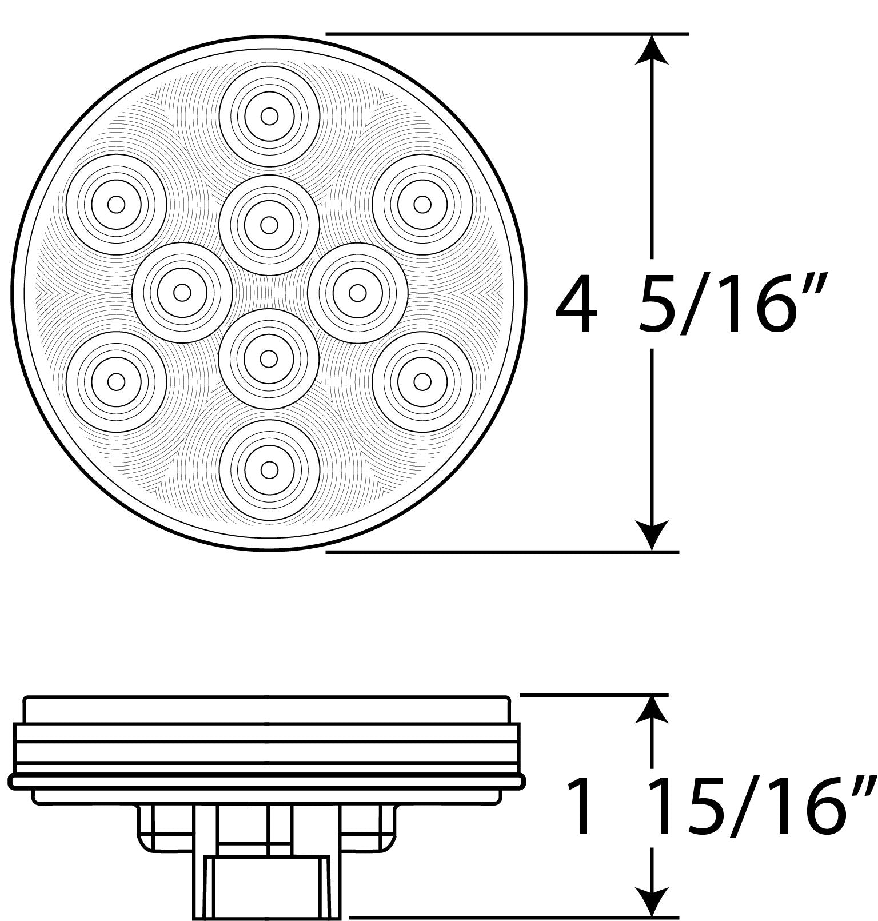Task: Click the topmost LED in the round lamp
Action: tap(269, 117)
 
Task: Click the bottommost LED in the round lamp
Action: tap(269, 470)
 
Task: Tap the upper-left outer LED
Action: tap(116, 205)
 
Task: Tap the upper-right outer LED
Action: tap(422, 205)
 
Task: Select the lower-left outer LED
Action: tap(116, 381)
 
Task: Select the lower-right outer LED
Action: tap(422, 381)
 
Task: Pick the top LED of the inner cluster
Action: tap(269, 225)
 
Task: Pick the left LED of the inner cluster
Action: tap(182, 293)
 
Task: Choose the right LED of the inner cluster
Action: tap(357, 293)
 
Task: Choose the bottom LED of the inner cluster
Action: tap(269, 359)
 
